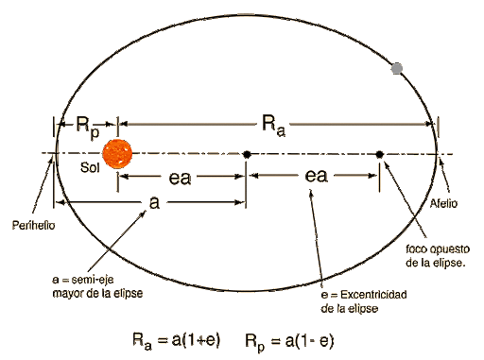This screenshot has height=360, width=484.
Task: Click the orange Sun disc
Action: [116, 153]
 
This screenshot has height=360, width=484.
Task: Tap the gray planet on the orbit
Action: [398, 68]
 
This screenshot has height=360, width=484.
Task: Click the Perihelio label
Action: [32, 226]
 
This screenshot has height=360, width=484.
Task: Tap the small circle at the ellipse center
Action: [246, 153]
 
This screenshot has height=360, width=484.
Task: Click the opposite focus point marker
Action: [379, 153]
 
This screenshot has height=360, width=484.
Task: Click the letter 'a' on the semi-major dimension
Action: [153, 204]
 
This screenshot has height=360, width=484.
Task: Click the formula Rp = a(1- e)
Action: [292, 337]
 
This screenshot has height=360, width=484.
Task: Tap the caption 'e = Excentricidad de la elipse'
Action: [364, 301]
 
